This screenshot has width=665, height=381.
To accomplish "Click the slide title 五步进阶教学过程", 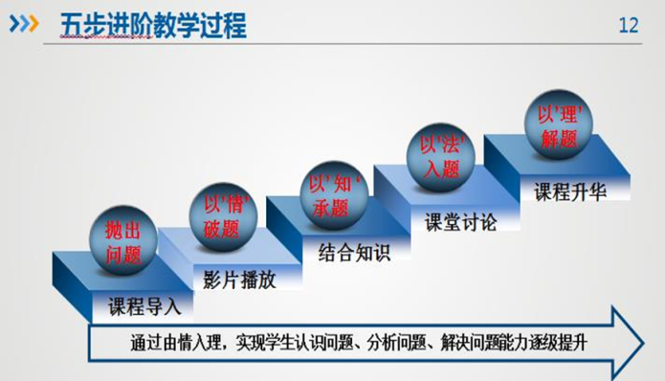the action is click(x=153, y=26).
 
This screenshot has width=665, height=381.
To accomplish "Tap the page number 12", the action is click(x=629, y=26).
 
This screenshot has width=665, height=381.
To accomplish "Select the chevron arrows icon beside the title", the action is click(x=24, y=24).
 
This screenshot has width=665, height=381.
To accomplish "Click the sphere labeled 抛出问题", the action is click(x=123, y=240).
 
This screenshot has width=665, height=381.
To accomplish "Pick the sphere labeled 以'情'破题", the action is click(x=223, y=216).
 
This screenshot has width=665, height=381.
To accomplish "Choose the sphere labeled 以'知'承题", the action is click(x=334, y=195).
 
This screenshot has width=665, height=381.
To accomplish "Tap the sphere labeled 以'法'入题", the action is click(x=441, y=157).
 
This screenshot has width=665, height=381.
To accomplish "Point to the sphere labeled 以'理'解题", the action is click(x=559, y=124).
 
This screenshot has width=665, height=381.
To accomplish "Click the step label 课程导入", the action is click(x=144, y=306).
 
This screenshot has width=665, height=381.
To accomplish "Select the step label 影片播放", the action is click(x=239, y=280).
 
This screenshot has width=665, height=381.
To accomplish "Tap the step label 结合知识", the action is click(x=354, y=252).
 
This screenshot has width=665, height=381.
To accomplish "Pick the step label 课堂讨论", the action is click(x=460, y=222).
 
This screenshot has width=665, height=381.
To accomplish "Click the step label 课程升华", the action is click(x=570, y=191).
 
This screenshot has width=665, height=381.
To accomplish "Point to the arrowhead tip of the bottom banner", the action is click(x=644, y=343).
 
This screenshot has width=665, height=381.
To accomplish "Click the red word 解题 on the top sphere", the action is click(x=559, y=138).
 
